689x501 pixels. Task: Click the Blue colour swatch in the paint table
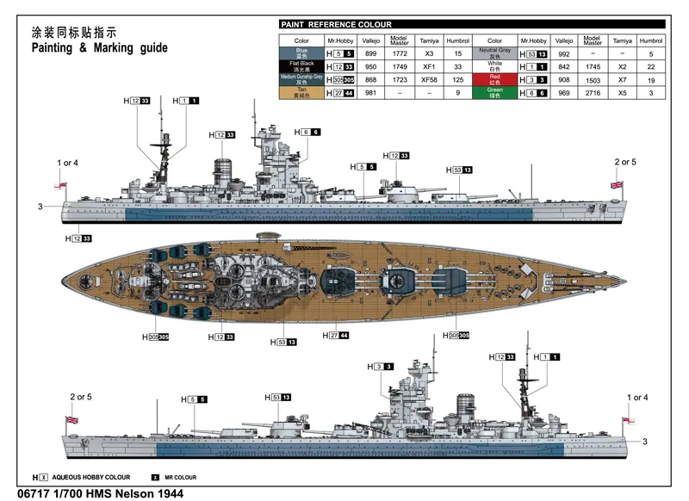pos(301,53)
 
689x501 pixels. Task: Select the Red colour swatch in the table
pos(494,79)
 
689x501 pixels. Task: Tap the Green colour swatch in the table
pos(494,92)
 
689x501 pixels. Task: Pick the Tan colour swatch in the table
pos(301,92)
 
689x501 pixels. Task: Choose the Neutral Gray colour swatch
pos(494,53)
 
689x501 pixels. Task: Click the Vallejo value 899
pos(370,53)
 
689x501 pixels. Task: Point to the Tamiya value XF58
pos(428,79)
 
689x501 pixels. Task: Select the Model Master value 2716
pos(592,92)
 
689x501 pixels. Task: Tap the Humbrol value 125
pos(458,79)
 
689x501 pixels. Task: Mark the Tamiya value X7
pos(621,79)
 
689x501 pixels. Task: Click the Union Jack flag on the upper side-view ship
pos(616,184)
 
